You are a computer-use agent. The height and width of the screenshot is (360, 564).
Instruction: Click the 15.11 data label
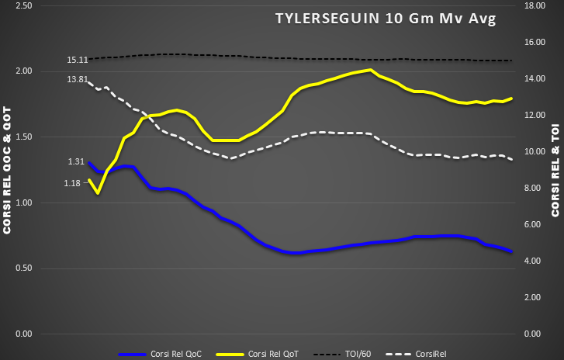coord(77,60)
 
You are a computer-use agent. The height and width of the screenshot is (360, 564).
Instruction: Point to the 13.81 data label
coord(77,80)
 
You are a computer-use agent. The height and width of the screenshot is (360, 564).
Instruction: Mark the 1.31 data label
coord(76,162)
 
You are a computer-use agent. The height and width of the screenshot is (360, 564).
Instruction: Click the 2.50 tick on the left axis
coord(23,5)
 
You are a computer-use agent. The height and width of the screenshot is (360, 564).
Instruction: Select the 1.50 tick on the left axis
coord(23,137)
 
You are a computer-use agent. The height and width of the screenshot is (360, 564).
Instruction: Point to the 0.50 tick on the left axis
coord(23,268)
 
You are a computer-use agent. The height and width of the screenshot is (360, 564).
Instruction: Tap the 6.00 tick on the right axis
coord(536,225)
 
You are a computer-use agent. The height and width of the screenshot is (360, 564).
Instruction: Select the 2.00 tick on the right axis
coord(536,298)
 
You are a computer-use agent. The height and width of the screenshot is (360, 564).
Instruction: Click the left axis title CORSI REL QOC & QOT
coord(7,170)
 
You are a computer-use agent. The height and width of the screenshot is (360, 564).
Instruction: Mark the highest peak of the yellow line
coord(372,70)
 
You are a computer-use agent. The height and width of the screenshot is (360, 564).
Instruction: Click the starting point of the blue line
coord(90,163)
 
